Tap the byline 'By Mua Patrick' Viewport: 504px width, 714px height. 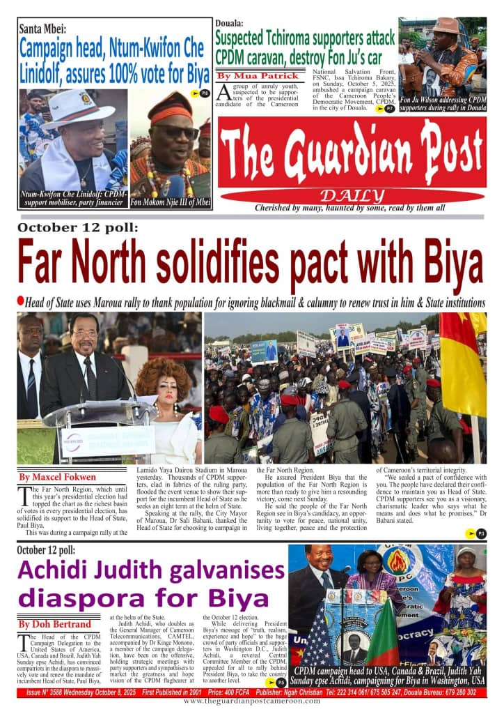pyautogui.click(x=258, y=75)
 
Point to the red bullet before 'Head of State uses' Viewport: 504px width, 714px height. pyautogui.click(x=21, y=301)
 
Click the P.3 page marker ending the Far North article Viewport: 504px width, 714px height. pyautogui.click(x=478, y=533)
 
